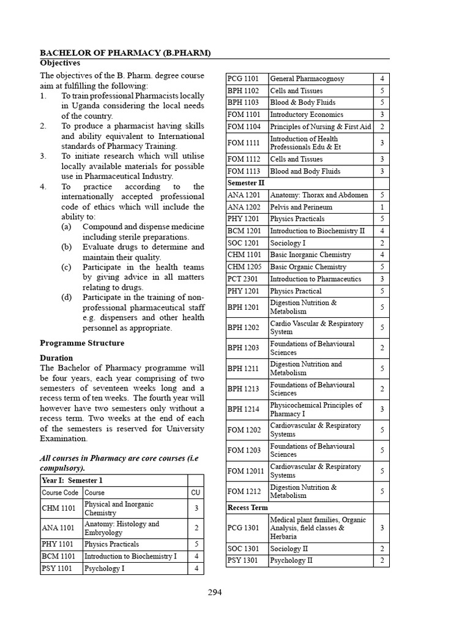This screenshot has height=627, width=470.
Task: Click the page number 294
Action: (x=214, y=592)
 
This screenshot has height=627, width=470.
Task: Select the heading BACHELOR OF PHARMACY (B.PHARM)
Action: (x=125, y=53)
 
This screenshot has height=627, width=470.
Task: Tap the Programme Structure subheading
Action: (x=82, y=343)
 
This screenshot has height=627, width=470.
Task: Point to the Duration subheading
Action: (x=56, y=358)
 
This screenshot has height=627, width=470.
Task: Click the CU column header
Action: (x=195, y=492)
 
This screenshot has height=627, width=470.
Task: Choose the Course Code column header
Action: (x=60, y=492)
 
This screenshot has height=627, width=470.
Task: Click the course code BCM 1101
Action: (x=59, y=557)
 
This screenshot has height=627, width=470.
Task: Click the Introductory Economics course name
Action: (x=307, y=115)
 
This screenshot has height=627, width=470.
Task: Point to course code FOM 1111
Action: (x=244, y=143)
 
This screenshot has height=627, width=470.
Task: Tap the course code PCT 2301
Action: (x=244, y=279)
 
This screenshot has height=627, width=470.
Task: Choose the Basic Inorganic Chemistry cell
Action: (x=310, y=255)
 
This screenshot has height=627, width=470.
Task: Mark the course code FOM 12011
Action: (x=246, y=471)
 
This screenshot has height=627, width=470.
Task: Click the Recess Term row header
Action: (x=248, y=508)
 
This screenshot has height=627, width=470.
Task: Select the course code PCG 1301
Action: (x=244, y=528)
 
